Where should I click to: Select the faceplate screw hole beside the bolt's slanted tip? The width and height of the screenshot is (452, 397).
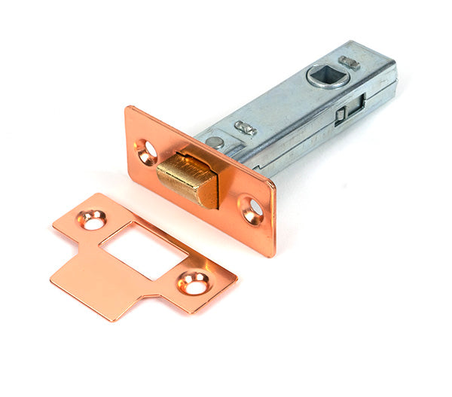[x=252, y=209]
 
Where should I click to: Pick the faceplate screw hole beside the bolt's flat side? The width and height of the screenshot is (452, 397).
[x=148, y=151]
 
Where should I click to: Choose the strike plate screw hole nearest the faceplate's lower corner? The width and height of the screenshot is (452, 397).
[x=193, y=282]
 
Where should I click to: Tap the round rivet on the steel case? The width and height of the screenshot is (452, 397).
[x=215, y=142]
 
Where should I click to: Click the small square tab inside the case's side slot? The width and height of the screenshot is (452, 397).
[x=341, y=114]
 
